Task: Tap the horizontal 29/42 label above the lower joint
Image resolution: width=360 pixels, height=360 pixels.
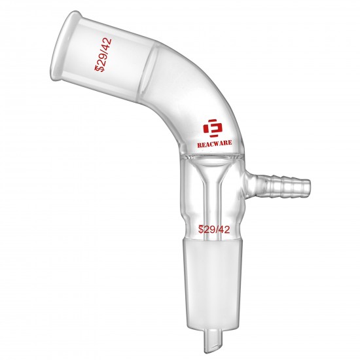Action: [213, 229]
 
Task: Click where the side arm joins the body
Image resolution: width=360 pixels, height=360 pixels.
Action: [251, 179]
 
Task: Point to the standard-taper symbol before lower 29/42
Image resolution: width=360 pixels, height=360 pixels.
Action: [200, 229]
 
